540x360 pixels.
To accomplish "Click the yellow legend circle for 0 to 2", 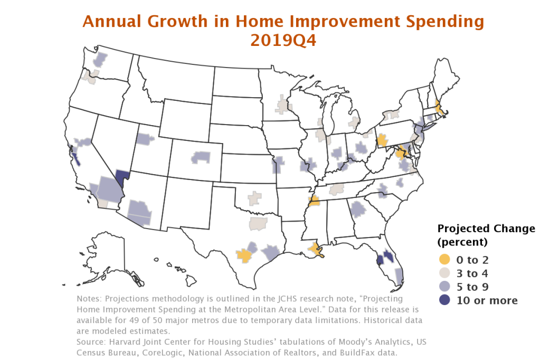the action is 444,259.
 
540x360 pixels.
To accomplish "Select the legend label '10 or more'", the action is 487,300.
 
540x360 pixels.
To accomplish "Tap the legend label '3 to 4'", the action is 472,273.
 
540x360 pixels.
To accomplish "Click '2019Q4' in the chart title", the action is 283,41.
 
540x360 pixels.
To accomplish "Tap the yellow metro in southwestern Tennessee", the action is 314,201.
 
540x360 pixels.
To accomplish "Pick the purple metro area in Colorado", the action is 201,157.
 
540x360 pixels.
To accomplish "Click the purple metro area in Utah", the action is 144,139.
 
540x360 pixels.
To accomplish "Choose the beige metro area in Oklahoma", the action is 255,198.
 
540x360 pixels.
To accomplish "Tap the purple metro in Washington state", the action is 100,60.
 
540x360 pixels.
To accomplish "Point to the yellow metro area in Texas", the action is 244,255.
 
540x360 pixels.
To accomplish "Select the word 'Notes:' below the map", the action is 89,299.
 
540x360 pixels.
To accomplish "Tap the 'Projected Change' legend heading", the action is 486,229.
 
